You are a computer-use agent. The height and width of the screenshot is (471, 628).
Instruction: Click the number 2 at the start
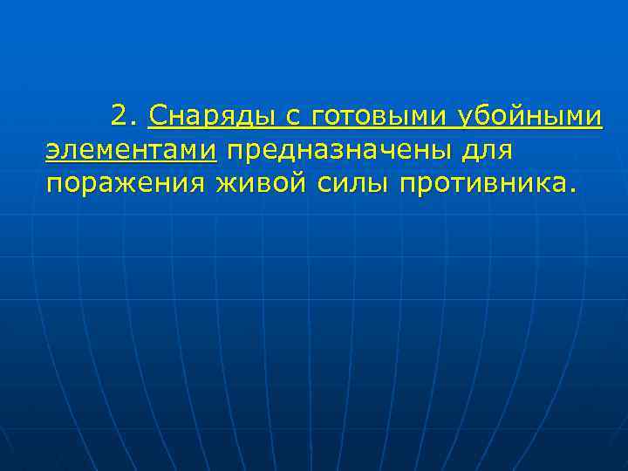(x=120, y=115)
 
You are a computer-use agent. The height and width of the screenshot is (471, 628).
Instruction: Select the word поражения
(x=125, y=184)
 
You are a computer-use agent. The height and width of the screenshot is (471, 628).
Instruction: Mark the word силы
(x=345, y=184)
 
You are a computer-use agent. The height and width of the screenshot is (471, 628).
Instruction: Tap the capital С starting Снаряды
(x=157, y=115)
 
